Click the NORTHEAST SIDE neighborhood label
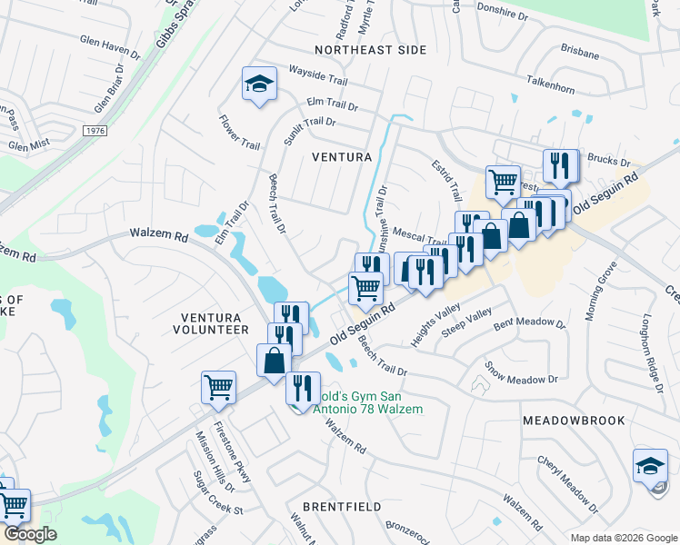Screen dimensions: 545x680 pyautogui.click(x=369, y=50)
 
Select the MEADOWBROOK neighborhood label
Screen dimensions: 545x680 pyautogui.click(x=574, y=421)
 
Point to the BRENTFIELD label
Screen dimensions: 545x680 pyautogui.click(x=342, y=506)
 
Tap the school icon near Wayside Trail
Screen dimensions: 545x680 pyautogui.click(x=259, y=85)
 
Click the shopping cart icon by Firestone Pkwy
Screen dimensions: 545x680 pyautogui.click(x=219, y=387)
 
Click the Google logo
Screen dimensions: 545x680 pyautogui.click(x=29, y=534)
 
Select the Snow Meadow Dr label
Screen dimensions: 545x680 pyautogui.click(x=523, y=374)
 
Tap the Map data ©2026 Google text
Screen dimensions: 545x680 pyautogui.click(x=624, y=537)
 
